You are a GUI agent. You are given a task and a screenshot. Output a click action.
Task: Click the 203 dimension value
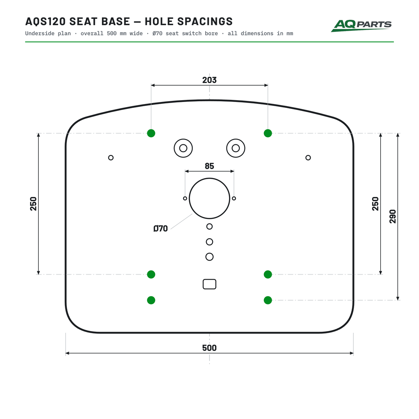click(209, 80)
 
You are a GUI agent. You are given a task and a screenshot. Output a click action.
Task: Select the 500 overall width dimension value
click(209, 348)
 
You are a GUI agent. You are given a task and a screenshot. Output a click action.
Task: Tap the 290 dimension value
click(393, 216)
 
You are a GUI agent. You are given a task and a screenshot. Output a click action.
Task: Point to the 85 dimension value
click(209, 166)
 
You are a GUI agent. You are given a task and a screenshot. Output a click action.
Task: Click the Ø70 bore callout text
click(161, 228)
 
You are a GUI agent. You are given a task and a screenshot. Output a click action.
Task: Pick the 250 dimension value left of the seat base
click(33, 204)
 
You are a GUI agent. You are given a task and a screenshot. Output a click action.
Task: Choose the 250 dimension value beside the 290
click(375, 204)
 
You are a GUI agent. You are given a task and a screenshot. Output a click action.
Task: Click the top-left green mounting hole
click(151, 133)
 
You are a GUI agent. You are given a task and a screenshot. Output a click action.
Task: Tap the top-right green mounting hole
click(268, 133)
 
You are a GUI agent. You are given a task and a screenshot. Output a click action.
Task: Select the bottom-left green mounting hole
click(151, 300)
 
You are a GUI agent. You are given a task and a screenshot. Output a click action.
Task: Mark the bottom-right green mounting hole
click(268, 300)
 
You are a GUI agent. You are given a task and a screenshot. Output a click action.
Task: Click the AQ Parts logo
click(361, 25)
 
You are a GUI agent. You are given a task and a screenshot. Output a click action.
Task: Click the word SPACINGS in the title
click(205, 22)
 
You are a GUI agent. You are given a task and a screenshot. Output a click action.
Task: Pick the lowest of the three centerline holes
click(209, 253)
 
